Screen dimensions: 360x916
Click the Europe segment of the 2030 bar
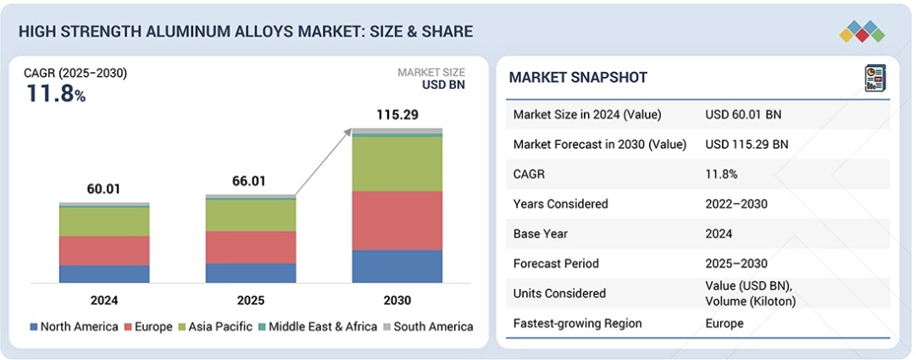click(397, 220)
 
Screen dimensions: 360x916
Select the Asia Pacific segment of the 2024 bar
click(104, 222)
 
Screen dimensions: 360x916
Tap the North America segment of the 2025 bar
click(251, 273)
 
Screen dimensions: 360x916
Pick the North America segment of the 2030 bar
click(397, 266)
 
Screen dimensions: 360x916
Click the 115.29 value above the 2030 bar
click(397, 114)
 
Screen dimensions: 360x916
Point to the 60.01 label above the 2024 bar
click(104, 189)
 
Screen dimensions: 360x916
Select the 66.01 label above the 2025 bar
click(251, 181)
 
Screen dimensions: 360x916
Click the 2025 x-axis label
click(251, 301)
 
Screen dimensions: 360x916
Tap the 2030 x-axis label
click(397, 301)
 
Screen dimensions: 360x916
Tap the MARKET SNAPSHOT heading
click(578, 78)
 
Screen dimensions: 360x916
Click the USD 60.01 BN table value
click(744, 114)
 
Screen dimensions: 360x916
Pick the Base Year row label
click(540, 234)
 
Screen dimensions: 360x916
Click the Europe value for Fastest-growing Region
click(724, 324)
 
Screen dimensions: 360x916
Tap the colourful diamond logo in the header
click(862, 32)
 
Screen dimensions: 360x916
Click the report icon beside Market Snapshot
click(874, 78)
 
